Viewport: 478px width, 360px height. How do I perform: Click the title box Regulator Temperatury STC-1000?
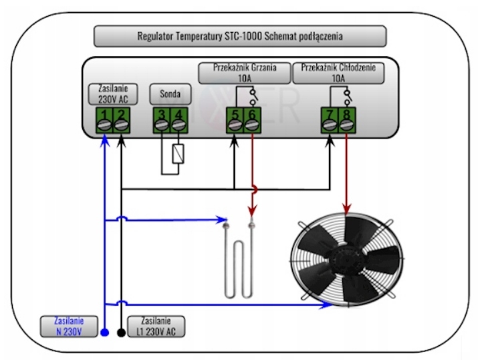tap(240, 36)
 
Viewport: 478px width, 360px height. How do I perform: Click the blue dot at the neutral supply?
tap(104, 331)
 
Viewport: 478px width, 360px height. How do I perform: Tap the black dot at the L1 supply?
tap(121, 331)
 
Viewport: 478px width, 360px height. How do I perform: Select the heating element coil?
tap(239, 264)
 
